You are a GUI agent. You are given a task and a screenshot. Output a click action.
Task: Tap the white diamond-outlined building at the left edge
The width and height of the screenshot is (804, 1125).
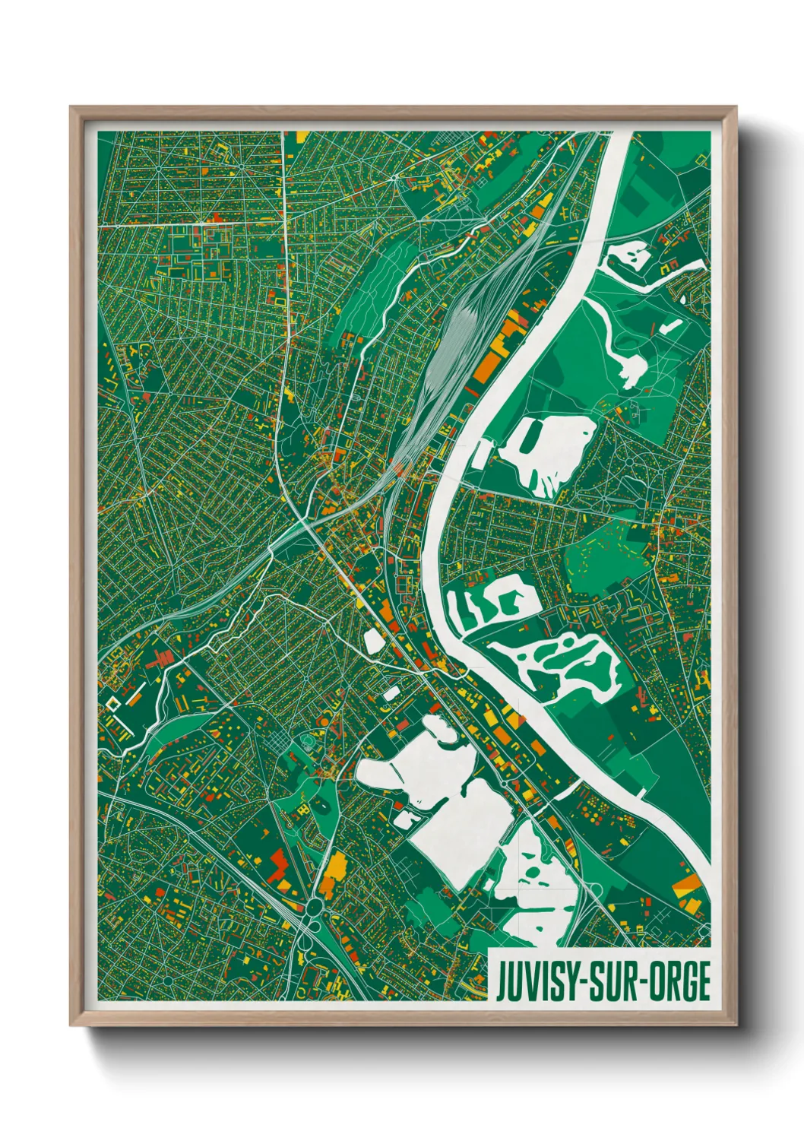(x=113, y=704)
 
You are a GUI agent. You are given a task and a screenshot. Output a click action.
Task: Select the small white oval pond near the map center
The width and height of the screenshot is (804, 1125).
(x=373, y=640)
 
